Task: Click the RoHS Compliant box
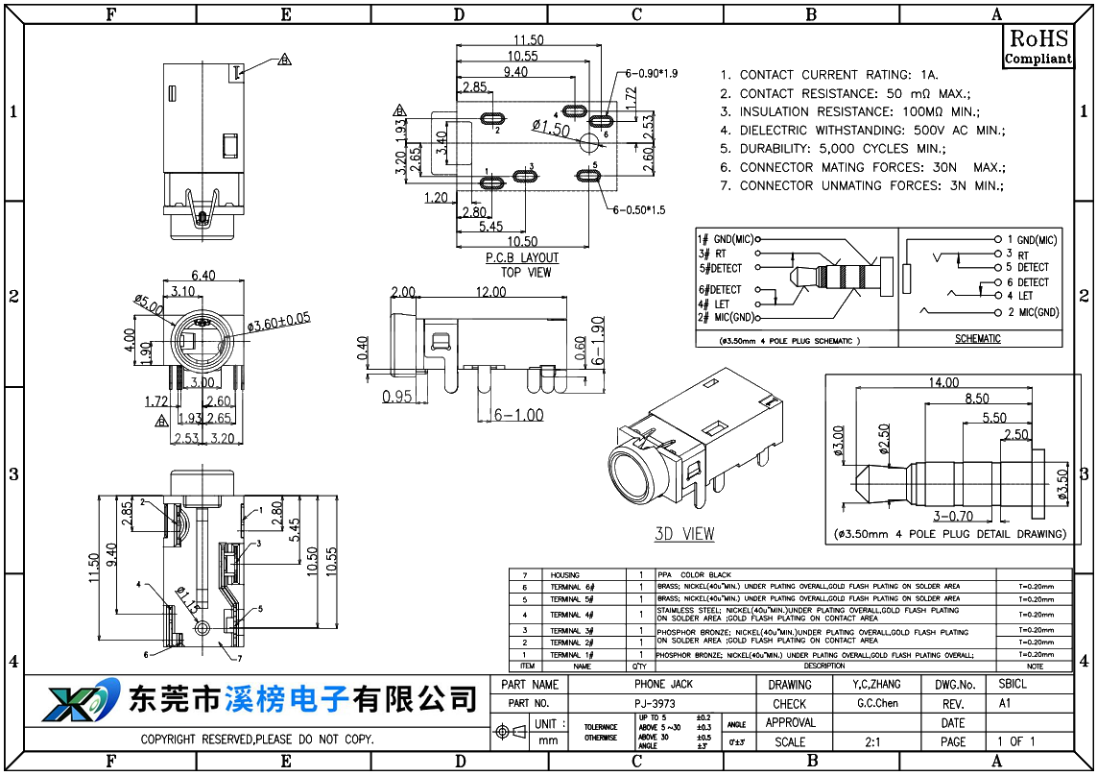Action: [x=1037, y=47]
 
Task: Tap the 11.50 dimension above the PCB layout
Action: [x=528, y=40]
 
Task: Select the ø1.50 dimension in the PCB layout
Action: [x=551, y=128]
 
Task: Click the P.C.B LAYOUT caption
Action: [x=522, y=258]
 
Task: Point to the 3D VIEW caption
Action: [x=684, y=534]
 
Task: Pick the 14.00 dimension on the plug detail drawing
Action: [x=942, y=382]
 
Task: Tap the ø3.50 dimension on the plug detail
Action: [x=1062, y=484]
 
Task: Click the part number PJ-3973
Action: [x=655, y=704]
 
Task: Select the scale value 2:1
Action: [x=873, y=741]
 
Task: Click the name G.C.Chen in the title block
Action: [x=877, y=704]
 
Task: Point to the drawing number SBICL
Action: [x=1012, y=685]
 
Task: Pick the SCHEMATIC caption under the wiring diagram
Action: [x=977, y=339]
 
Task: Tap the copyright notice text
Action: [x=257, y=740]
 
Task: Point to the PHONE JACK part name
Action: [x=663, y=685]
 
